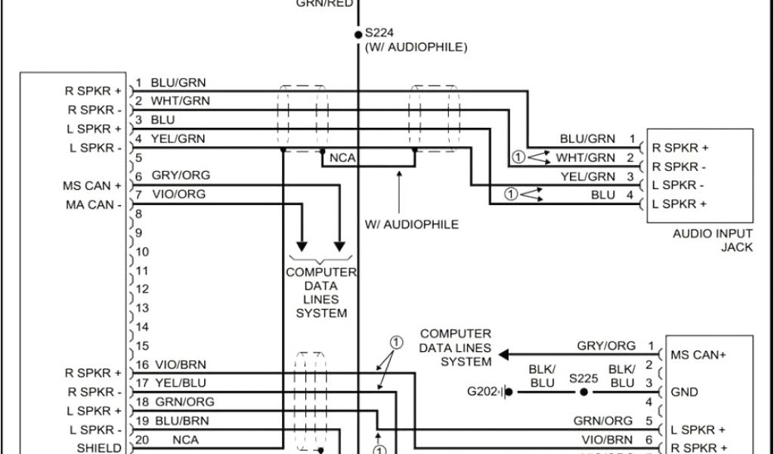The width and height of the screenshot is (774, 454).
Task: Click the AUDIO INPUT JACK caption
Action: pyautogui.click(x=713, y=241)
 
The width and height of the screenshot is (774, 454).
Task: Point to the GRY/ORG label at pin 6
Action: pyautogui.click(x=181, y=176)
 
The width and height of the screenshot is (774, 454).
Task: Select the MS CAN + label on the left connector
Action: pyautogui.click(x=93, y=185)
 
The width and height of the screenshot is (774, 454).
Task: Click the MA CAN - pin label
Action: pyautogui.click(x=93, y=204)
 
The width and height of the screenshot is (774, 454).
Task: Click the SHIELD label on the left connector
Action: pyautogui.click(x=99, y=448)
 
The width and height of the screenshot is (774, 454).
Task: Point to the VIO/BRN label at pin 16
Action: pyautogui.click(x=178, y=364)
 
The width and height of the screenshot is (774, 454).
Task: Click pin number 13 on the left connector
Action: pyautogui.click(x=143, y=308)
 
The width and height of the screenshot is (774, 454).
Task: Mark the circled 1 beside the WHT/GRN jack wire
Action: pyautogui.click(x=518, y=157)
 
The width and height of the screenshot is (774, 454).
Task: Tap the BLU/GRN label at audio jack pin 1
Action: pyautogui.click(x=587, y=139)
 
